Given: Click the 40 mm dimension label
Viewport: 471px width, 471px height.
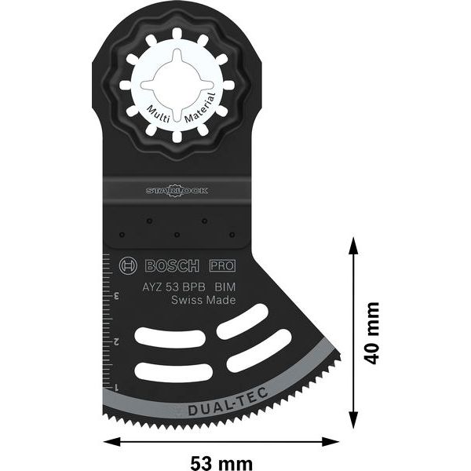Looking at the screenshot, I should pos(372,332).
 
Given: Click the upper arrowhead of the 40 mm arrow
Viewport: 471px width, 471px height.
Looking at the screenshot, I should pos(352,248).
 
